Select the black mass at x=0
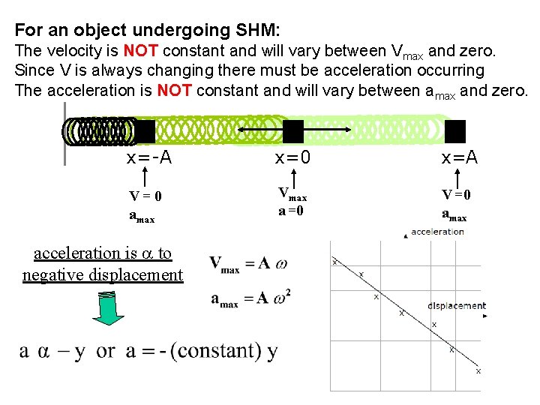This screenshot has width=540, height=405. coord(293,131)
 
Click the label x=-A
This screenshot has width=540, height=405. coord(149,158)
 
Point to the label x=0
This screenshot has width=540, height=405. coord(294,158)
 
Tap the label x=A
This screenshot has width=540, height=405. coord(460,158)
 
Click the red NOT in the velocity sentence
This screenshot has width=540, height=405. coord(139,52)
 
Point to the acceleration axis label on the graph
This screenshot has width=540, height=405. coord(437,232)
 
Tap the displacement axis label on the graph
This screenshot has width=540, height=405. coord(456,305)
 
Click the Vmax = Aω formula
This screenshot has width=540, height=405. coord(248,263)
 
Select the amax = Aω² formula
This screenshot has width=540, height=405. coord(250,299)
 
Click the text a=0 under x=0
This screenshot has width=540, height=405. coord(291,211)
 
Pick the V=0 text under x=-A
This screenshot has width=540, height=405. coord(145,196)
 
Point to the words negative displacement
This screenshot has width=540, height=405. coord(103,274)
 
